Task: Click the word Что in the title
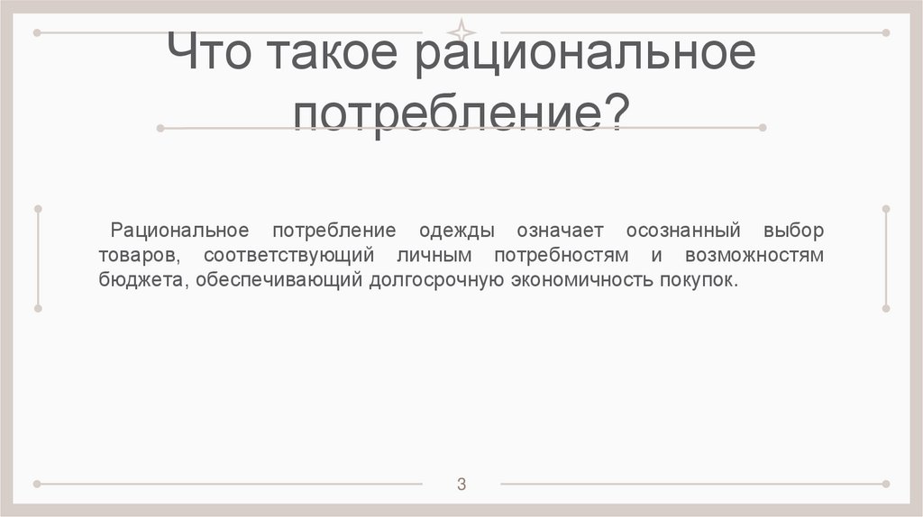tap(210, 56)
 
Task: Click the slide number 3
tap(461, 485)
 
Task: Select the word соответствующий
tap(288, 255)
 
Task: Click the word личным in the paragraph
tap(434, 255)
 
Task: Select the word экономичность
tap(578, 280)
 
